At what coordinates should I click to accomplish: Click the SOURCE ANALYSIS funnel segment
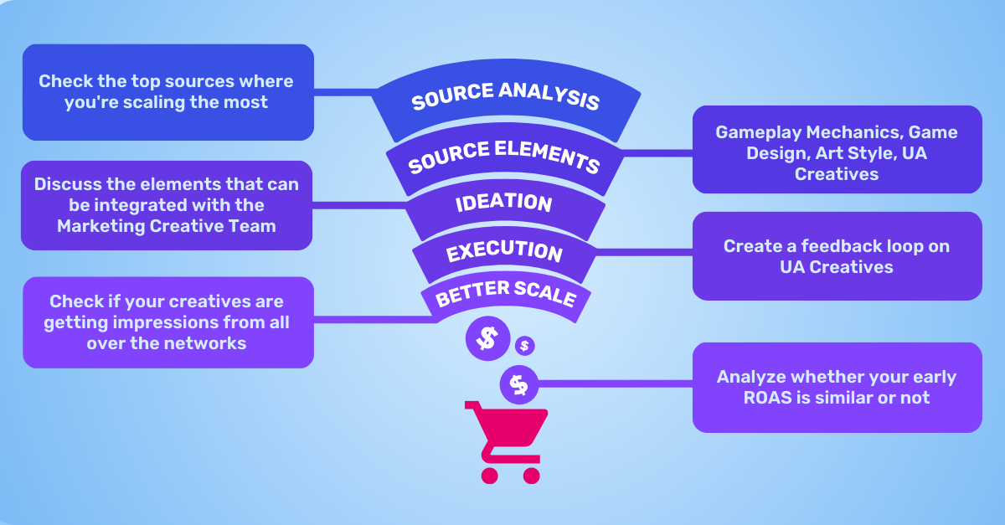(506, 101)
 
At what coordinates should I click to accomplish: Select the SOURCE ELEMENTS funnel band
(504, 157)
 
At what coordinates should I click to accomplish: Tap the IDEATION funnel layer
(504, 203)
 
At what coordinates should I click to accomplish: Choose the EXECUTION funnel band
(504, 251)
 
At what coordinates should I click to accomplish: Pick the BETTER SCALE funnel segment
(506, 295)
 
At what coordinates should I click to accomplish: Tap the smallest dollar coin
(525, 345)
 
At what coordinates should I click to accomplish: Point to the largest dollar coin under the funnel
(487, 339)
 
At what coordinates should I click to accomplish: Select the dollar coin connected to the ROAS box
(519, 385)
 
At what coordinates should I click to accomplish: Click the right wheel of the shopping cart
(531, 475)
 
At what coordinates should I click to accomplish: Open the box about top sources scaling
(167, 92)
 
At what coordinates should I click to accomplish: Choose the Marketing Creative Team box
(167, 205)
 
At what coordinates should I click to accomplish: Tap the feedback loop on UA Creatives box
(837, 256)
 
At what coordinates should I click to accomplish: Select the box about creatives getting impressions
(167, 322)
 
